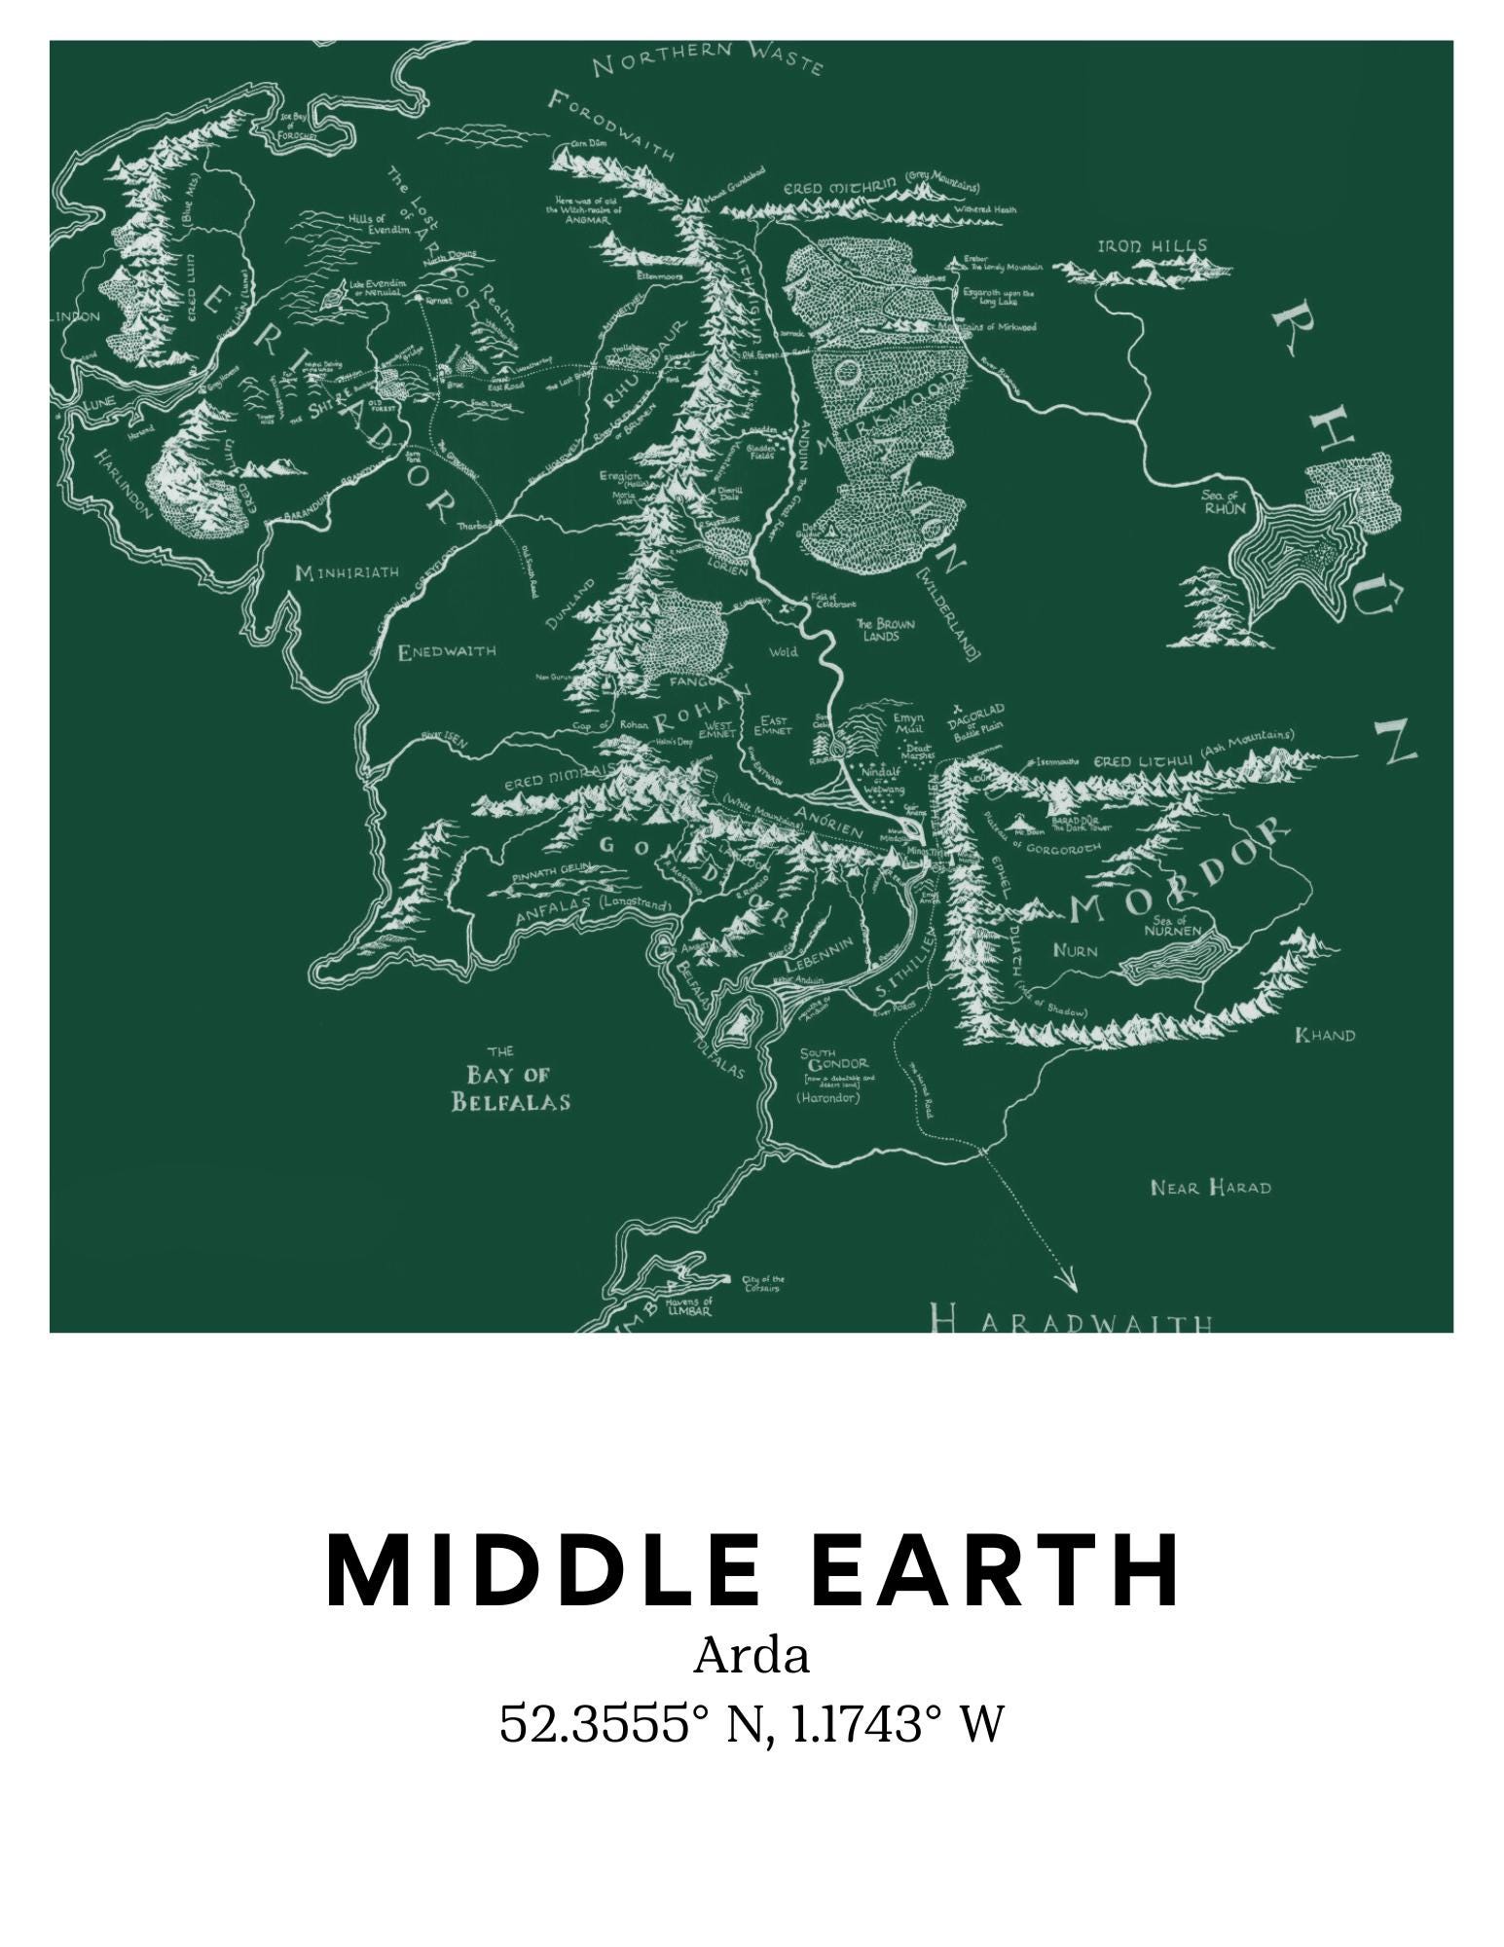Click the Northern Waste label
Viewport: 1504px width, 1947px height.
708,59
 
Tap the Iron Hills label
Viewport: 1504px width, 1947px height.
1153,246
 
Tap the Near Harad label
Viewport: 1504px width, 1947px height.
1210,1188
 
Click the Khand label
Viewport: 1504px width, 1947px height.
1324,1035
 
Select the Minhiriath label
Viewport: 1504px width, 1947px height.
347,571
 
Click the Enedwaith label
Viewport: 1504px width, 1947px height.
447,651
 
